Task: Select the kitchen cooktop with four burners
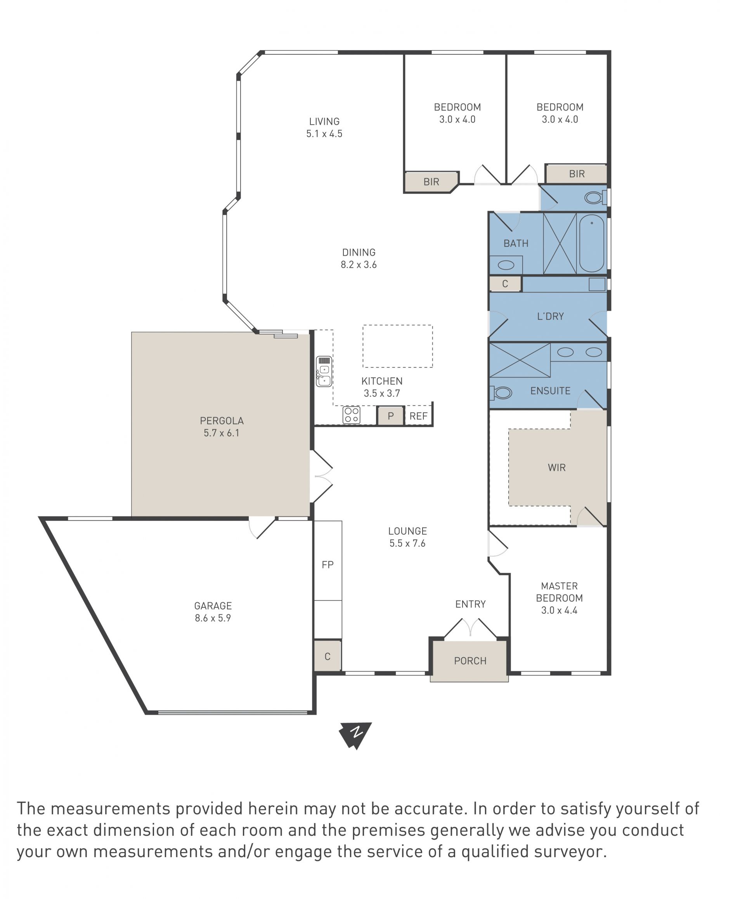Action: [351, 415]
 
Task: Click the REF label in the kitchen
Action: [418, 416]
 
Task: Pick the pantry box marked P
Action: [390, 416]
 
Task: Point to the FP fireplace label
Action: [327, 565]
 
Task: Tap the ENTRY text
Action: [470, 604]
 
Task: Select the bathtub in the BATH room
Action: [591, 243]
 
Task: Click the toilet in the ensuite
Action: [501, 392]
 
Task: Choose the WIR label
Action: [556, 468]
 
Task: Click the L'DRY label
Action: [550, 316]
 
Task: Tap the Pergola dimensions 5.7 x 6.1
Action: [221, 433]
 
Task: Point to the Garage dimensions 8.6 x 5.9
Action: [213, 618]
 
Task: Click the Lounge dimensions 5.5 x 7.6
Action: [407, 543]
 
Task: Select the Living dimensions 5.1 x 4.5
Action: [324, 133]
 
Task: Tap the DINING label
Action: [359, 253]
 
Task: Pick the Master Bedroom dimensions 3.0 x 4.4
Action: [559, 610]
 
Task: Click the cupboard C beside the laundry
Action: [505, 284]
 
